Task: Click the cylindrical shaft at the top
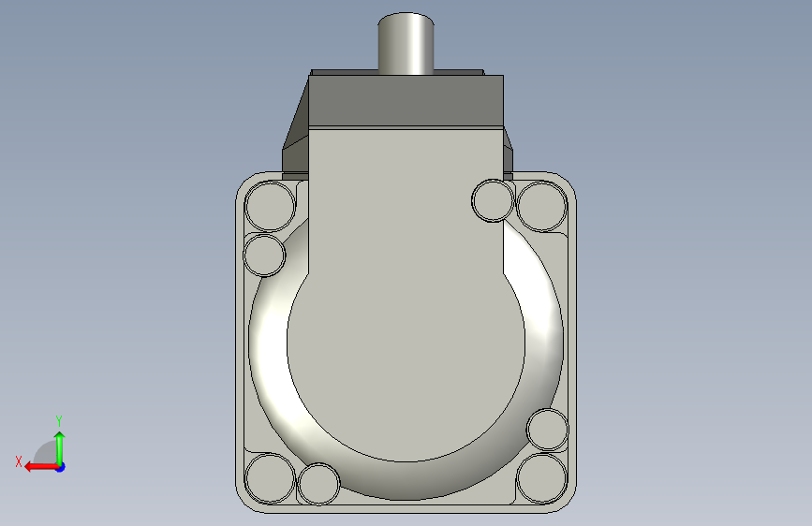point(406,43)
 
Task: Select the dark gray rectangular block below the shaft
point(406,101)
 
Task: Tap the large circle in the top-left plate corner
point(270,206)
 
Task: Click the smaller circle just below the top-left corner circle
point(264,255)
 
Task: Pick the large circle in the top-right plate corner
point(542,206)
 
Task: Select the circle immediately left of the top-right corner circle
point(493,200)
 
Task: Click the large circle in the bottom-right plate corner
point(542,478)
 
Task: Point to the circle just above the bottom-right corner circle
point(547,430)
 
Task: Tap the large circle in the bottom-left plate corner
point(270,478)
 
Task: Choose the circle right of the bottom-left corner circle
point(319,484)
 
